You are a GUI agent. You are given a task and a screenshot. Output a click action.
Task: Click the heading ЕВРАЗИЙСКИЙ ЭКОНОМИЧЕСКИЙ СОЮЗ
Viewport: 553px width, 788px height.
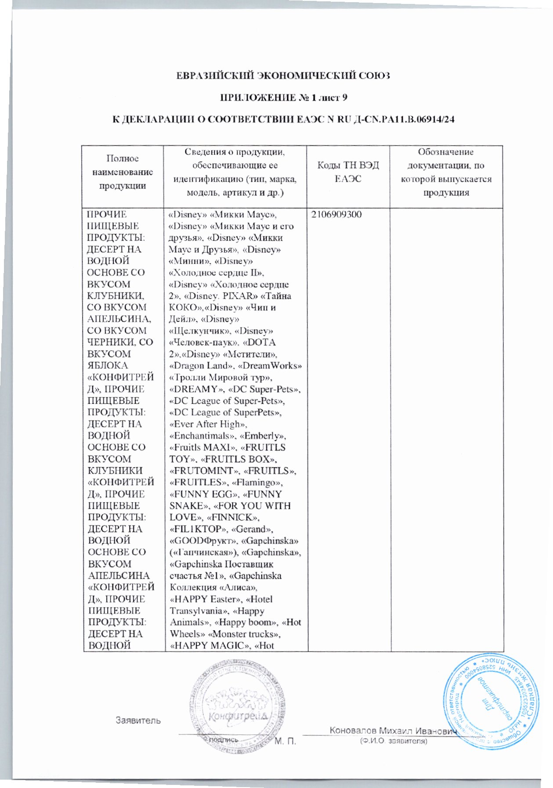pos(283,76)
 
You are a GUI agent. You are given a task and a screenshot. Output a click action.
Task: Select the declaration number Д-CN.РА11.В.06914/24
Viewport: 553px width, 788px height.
pos(403,119)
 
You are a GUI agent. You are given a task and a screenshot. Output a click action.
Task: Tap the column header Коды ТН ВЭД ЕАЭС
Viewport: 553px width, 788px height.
pos(348,172)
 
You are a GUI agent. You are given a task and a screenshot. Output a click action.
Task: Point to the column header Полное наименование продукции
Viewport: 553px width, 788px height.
pos(123,172)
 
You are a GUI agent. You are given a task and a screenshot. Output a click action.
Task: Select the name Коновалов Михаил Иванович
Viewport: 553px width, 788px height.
pos(393,730)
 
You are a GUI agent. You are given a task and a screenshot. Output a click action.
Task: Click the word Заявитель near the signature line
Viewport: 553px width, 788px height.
pos(138,720)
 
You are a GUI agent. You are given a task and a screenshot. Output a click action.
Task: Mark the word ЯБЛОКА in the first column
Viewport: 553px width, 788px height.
pos(108,365)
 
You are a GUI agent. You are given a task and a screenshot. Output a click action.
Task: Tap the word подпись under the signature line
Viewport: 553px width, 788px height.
pos(224,740)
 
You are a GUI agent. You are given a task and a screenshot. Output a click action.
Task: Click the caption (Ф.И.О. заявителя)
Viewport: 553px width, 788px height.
pos(393,741)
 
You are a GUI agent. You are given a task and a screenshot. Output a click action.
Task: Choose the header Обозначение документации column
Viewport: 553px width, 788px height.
pos(445,172)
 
